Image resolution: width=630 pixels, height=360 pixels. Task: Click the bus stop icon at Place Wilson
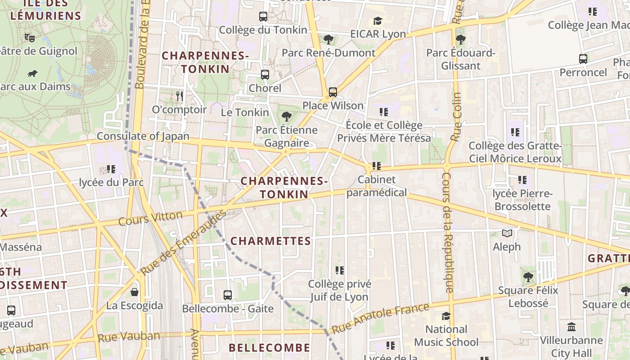(x=333, y=92)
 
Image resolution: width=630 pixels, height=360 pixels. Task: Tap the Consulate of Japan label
(x=143, y=136)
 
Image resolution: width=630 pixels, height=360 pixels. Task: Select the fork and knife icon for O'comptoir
(x=180, y=96)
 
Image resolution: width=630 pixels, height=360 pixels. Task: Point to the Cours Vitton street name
(x=150, y=218)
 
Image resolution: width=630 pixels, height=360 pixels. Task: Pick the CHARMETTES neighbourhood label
(x=270, y=241)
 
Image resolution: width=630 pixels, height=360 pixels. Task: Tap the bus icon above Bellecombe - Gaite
(x=228, y=296)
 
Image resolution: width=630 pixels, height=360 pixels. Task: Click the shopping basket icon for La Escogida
(x=134, y=292)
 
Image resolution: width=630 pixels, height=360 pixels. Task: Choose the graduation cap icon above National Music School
(x=446, y=316)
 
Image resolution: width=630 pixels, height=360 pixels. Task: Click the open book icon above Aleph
(x=507, y=234)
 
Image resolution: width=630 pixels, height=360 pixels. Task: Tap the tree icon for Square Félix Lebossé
(x=528, y=277)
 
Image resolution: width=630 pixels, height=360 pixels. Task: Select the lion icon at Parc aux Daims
(x=32, y=73)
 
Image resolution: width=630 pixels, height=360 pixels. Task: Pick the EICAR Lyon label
(x=378, y=34)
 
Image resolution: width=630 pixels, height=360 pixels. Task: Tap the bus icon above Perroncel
(x=583, y=59)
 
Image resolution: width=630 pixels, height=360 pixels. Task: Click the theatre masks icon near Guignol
(x=30, y=37)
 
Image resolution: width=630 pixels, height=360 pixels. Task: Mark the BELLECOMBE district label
(x=269, y=348)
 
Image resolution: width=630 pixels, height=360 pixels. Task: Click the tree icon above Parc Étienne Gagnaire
(x=286, y=117)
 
